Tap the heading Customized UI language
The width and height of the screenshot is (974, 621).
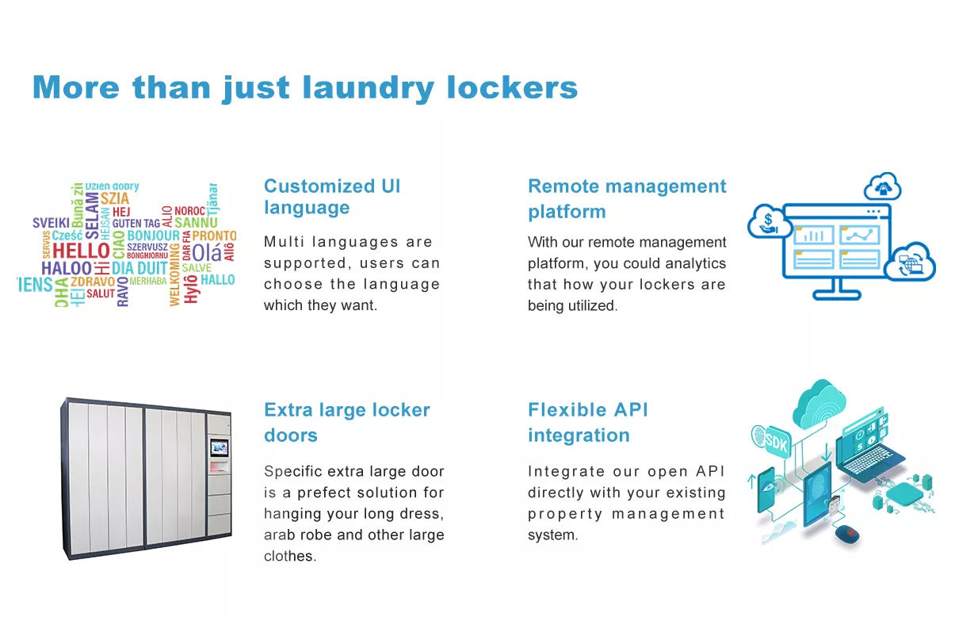tap(332, 197)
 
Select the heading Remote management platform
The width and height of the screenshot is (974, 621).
tap(627, 199)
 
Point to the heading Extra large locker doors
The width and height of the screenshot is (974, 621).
tap(347, 422)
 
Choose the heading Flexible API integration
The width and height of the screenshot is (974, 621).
tap(588, 422)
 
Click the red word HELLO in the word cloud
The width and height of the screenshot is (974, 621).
tap(81, 251)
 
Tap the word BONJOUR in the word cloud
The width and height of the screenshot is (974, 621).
tap(154, 236)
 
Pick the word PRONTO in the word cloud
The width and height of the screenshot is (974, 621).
tap(214, 236)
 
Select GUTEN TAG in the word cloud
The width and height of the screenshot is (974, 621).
tap(136, 223)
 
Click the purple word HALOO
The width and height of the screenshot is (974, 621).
tap(67, 268)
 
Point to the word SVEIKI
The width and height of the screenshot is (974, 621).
tap(51, 223)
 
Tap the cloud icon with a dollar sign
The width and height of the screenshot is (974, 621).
tap(769, 222)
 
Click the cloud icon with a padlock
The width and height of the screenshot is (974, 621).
tap(883, 186)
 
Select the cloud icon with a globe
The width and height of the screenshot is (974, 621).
tap(910, 262)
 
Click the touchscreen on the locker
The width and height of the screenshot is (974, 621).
tap(220, 447)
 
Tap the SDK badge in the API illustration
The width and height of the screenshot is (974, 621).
tap(775, 442)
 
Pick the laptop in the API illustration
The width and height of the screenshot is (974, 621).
tap(869, 453)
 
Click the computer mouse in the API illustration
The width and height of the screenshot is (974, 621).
tap(847, 534)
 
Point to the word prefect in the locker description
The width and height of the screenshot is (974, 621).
tap(324, 493)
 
